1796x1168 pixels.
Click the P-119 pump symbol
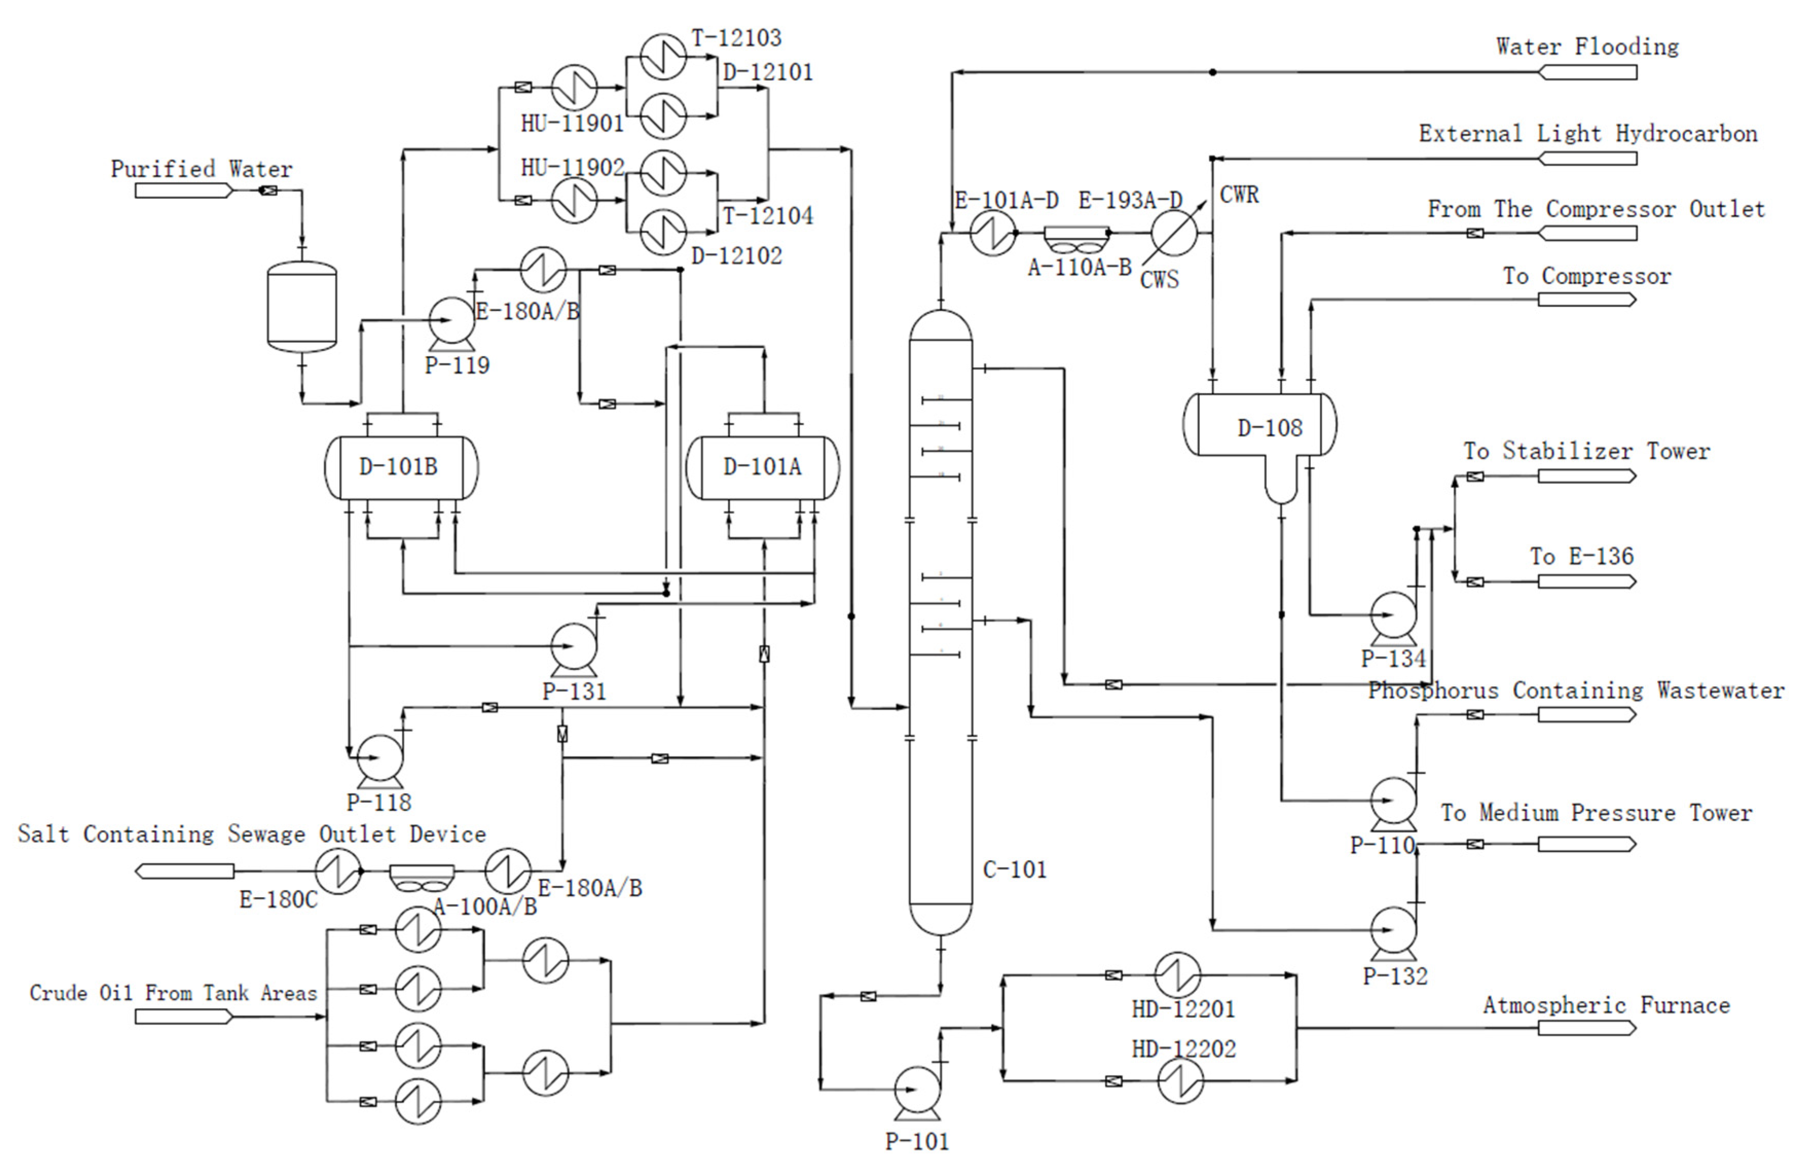point(451,321)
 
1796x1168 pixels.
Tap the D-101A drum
point(762,467)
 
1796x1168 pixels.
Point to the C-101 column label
point(1014,869)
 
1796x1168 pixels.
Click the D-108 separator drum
point(1260,427)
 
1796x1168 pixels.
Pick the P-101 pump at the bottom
point(917,1089)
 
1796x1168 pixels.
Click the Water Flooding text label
point(1587,47)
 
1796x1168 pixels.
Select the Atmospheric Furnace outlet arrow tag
point(1586,1028)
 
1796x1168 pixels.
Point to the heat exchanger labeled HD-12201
point(1177,975)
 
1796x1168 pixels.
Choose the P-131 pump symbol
point(573,646)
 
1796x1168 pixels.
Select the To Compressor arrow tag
point(1586,300)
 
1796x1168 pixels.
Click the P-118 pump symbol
point(380,757)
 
